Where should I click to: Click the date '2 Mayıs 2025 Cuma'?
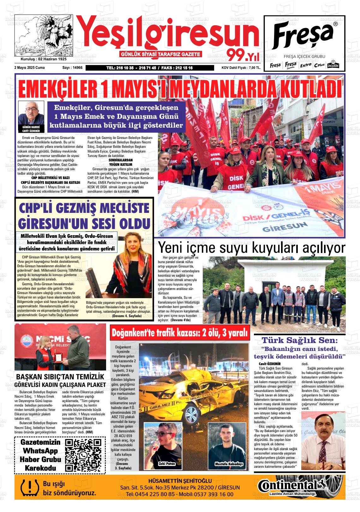pyautogui.click(x=29, y=68)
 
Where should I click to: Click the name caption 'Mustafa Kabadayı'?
pyautogui.click(x=229, y=464)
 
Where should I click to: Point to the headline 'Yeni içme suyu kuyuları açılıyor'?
pyautogui.click(x=252, y=248)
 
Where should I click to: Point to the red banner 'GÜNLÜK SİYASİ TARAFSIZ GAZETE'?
pyautogui.click(x=161, y=54)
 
